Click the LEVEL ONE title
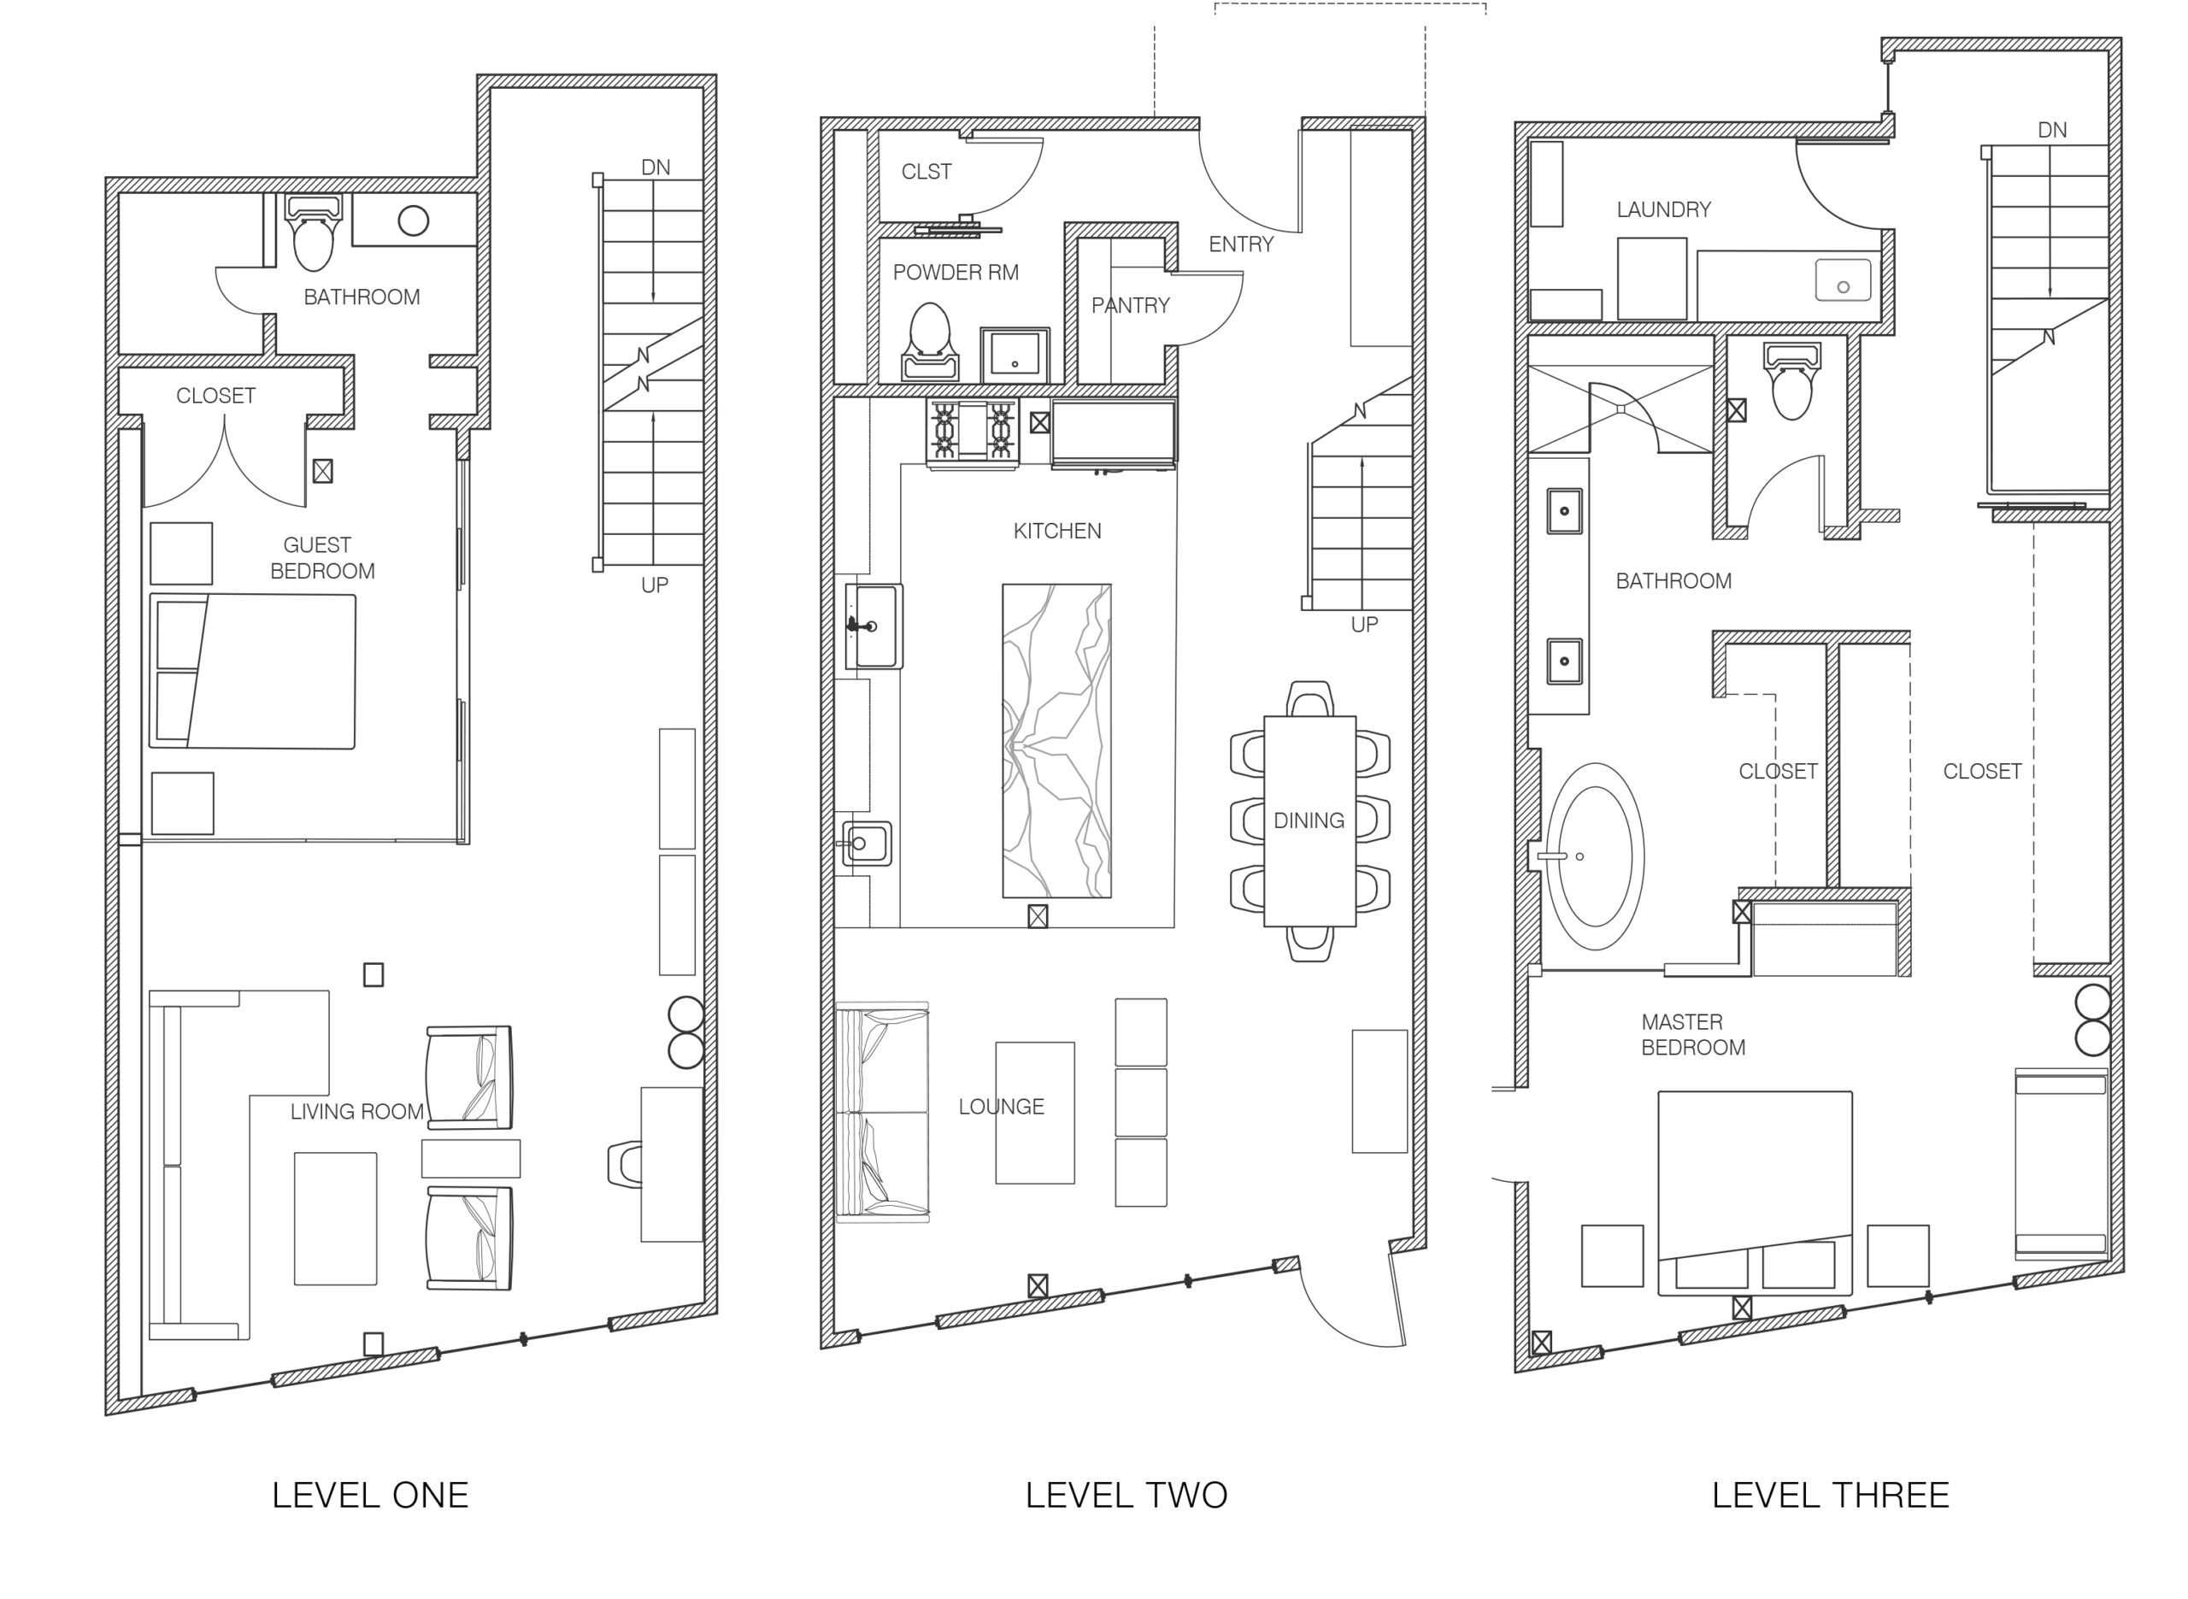coord(370,1495)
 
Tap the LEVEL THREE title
coord(1830,1495)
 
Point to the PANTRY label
coord(1130,306)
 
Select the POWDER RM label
coord(956,273)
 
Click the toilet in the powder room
coord(930,342)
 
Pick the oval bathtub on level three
coord(1594,856)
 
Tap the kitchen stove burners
coord(973,432)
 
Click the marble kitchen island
coord(1056,740)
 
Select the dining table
coord(1309,820)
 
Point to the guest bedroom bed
coord(253,671)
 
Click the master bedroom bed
coord(1755,1193)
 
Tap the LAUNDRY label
coord(1663,209)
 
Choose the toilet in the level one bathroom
coord(313,232)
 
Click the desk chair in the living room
coord(624,1163)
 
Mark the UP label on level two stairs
coord(1364,626)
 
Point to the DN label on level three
coord(2051,130)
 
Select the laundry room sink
coord(1843,279)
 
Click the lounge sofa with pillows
coord(881,1112)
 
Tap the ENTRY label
coord(1241,245)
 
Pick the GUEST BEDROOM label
coord(322,557)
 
